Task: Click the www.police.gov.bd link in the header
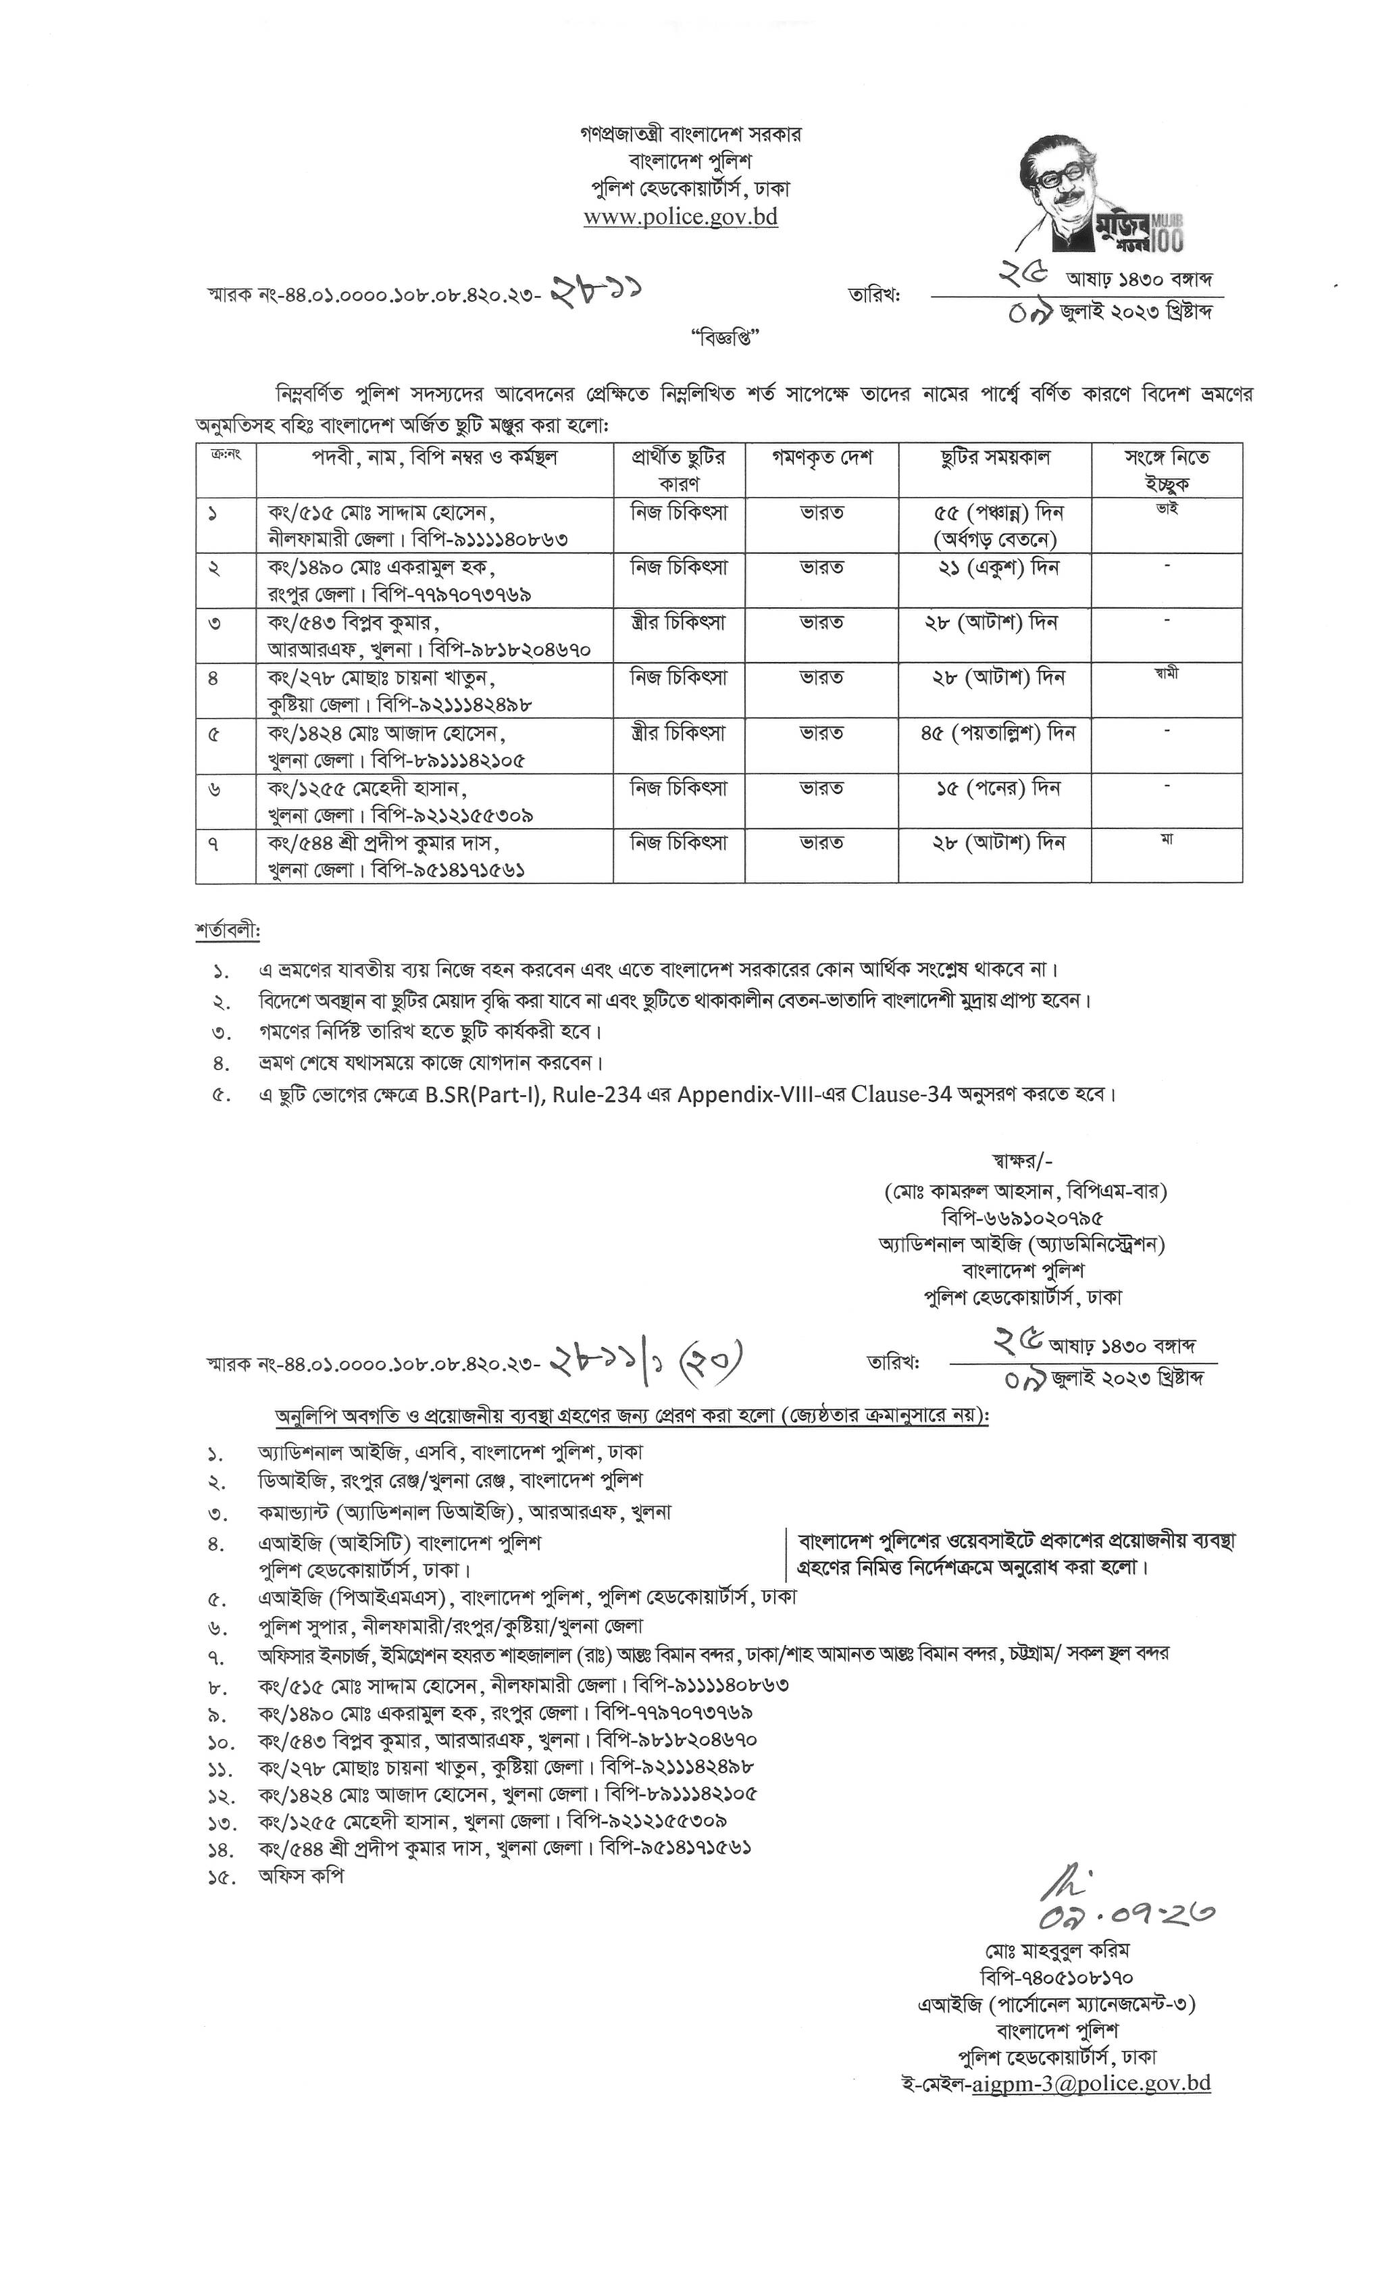coord(681,218)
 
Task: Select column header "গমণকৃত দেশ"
coord(821,457)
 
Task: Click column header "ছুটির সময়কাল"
coord(995,457)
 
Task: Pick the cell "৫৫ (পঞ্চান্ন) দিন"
coord(995,512)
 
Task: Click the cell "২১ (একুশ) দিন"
coord(995,567)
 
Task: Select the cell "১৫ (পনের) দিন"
coord(995,788)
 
